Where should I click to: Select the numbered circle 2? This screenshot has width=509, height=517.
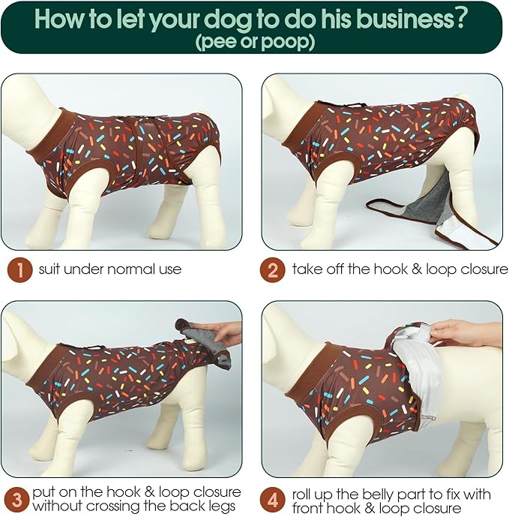pos(272,269)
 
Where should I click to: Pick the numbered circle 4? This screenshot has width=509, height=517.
pos(272,498)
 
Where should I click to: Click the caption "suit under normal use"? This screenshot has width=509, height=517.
pos(109,269)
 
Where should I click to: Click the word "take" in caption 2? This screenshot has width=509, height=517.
pos(307,269)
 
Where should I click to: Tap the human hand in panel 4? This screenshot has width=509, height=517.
pos(465,331)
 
